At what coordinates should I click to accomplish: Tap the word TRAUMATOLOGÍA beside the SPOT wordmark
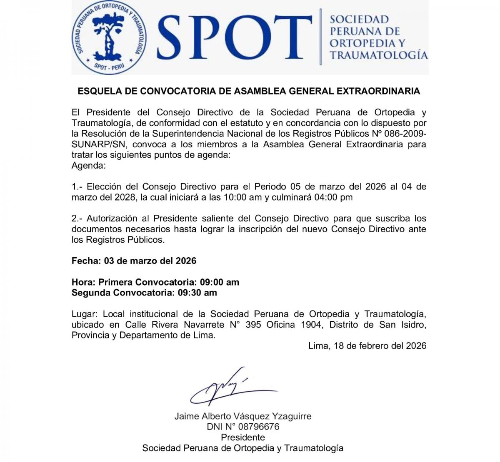coord(379,55)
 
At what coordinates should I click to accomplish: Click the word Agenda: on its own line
coord(88,166)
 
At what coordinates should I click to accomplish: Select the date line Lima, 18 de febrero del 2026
coord(367,346)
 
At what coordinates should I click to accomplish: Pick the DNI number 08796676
coord(259,427)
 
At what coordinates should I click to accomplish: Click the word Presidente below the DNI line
coord(243,437)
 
